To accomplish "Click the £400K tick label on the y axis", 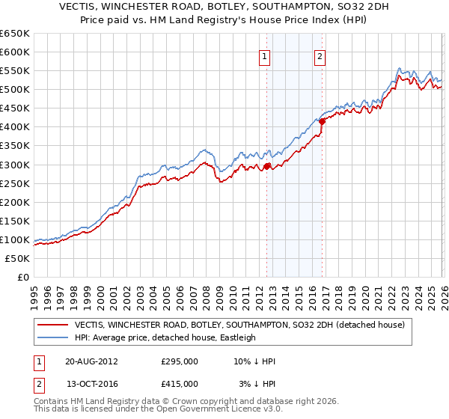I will pos(15,127).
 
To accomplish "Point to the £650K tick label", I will pos(15,34).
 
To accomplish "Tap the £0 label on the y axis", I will pos(22,278).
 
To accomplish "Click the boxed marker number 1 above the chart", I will pos(265,55).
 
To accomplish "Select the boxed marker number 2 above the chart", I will pos(320,55).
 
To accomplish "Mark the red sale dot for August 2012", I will pos(267,166).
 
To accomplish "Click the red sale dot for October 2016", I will pos(322,121).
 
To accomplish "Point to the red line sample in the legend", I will pos(53,325).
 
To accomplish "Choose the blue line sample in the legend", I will pos(53,337).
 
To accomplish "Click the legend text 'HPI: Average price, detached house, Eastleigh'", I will pos(165,337).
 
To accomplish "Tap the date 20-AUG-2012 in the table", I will pos(92,361).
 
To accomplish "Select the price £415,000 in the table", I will pos(180,383).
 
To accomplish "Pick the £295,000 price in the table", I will pos(180,361).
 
